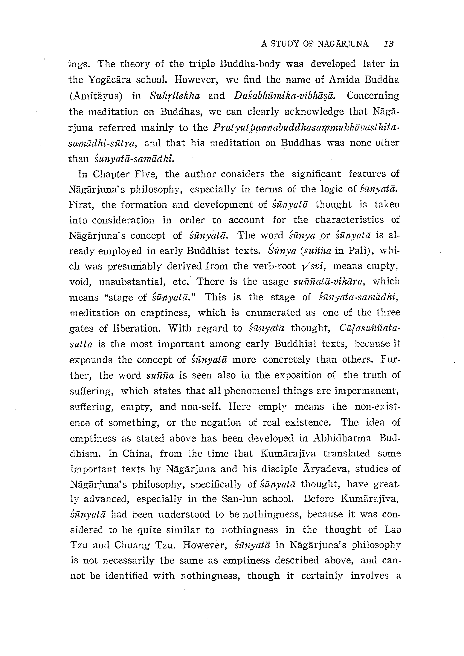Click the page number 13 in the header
point(389,44)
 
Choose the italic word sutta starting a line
point(81,344)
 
